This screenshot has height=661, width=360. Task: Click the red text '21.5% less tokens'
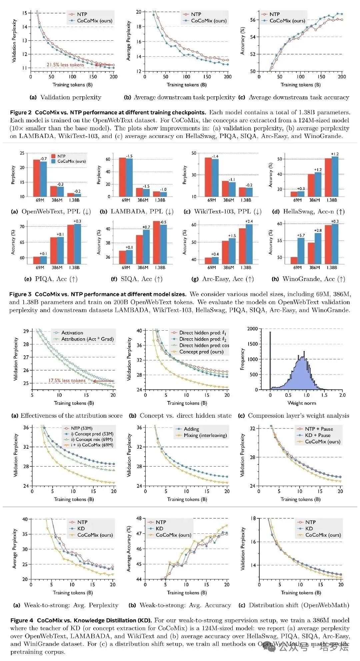point(65,65)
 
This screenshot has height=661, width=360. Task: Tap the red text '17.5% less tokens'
point(67,380)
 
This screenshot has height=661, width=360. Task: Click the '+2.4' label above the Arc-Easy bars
point(249,222)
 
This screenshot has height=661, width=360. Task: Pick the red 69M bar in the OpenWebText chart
point(36,178)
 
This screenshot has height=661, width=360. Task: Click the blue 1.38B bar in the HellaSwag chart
point(335,176)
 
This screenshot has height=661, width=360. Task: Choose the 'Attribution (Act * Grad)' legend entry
point(87,339)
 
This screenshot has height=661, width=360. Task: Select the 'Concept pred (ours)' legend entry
point(201,352)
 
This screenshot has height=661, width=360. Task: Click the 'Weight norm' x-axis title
point(302,403)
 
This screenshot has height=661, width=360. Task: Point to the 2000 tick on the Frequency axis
point(252,329)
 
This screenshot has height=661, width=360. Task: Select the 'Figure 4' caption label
point(22,620)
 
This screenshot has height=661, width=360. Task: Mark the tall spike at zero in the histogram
point(270,360)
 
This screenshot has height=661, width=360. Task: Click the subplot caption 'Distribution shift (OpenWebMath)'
point(299,605)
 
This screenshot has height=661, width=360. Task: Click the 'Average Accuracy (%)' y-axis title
point(129,549)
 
